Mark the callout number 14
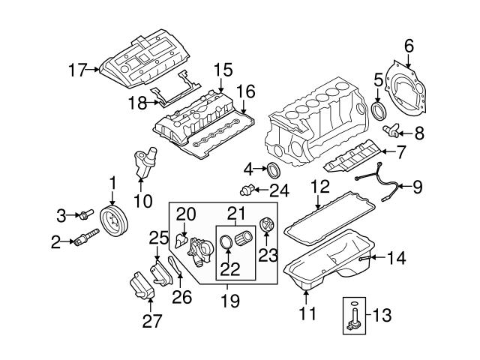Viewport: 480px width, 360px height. point(397,259)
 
